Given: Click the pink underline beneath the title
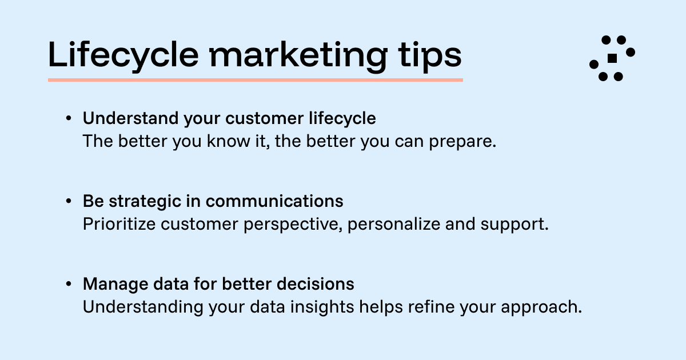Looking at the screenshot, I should click(x=255, y=79).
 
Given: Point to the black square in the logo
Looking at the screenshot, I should click(x=612, y=58).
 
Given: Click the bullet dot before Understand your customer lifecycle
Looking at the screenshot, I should click(x=69, y=119).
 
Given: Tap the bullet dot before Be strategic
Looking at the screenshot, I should click(x=69, y=201).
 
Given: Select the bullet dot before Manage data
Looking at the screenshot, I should click(x=69, y=284).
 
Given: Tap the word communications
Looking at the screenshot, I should click(x=274, y=201).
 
